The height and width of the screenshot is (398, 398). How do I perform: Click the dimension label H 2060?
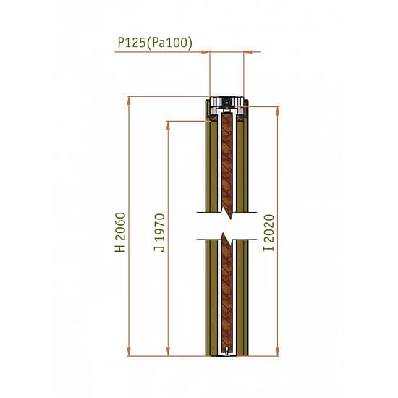click(120, 232)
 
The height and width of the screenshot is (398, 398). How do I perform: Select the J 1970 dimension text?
click(159, 232)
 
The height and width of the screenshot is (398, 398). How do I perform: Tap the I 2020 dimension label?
click(268, 233)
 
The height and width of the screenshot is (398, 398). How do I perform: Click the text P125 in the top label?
click(132, 43)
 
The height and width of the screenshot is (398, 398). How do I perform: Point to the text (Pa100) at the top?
click(169, 43)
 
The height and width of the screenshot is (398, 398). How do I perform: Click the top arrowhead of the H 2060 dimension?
click(129, 101)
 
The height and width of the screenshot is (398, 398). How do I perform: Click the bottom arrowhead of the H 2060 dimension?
click(129, 352)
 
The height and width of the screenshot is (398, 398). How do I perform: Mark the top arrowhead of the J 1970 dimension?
click(168, 125)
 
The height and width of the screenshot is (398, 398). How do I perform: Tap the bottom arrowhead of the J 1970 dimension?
click(168, 352)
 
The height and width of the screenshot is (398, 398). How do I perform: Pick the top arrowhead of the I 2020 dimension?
click(277, 111)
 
